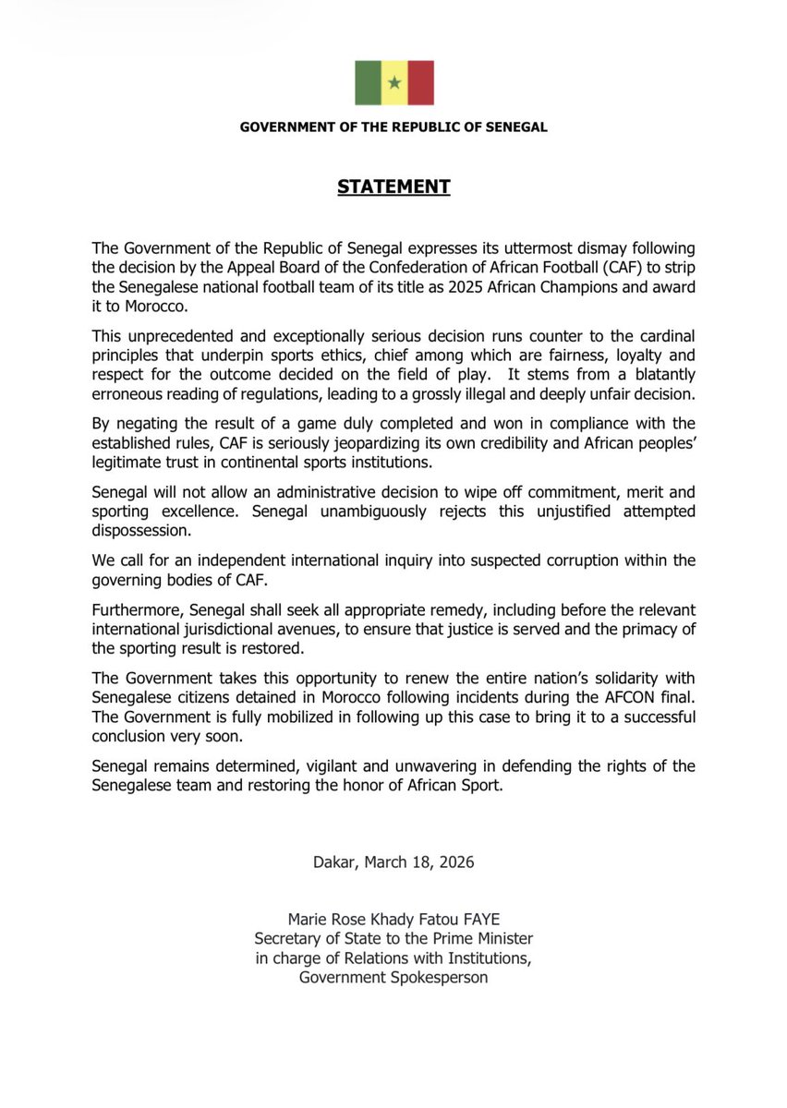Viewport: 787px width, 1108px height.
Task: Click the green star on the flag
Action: tap(394, 83)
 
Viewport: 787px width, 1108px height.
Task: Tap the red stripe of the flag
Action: tap(421, 83)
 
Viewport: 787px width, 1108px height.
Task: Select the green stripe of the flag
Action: tap(368, 83)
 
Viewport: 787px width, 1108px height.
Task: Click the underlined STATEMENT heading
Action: tap(393, 187)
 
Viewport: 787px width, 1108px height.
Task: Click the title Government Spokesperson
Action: tap(393, 977)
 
